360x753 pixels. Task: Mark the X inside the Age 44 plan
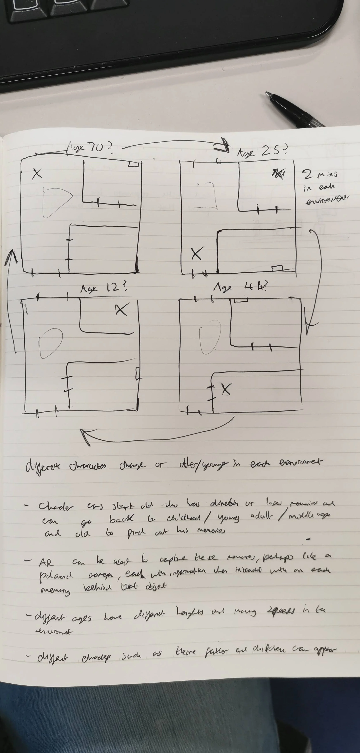click(x=226, y=389)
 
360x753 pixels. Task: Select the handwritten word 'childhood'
click(x=183, y=518)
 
